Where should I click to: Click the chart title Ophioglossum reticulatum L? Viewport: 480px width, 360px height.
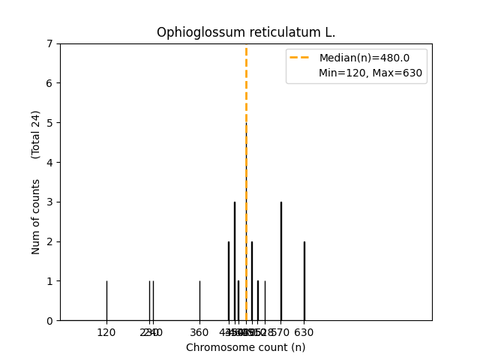point(246,32)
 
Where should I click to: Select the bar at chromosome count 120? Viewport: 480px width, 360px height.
point(106,301)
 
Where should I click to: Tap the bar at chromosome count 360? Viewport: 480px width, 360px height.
point(199,301)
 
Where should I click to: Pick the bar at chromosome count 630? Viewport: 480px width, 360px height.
point(304,281)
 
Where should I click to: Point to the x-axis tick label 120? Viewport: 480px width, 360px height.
point(106,332)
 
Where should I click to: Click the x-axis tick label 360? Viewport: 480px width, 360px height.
point(199,332)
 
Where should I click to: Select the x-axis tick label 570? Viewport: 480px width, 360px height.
point(280,332)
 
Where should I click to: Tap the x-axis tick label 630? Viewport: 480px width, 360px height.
point(304,332)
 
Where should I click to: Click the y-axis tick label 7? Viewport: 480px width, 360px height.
point(49,43)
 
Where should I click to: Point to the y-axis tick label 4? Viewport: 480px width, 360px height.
point(49,162)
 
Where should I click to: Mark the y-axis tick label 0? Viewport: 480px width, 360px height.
point(49,320)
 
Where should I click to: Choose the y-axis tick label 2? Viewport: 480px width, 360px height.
point(49,241)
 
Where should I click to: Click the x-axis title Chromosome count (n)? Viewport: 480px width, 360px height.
point(246,347)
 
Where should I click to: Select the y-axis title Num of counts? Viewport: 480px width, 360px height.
point(36,216)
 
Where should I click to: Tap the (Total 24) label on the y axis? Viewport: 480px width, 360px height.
point(36,134)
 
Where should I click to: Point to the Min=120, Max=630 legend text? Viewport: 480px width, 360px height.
point(370,73)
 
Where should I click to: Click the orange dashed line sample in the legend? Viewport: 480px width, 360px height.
point(302,58)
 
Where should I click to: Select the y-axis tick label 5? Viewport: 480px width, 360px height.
point(49,122)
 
